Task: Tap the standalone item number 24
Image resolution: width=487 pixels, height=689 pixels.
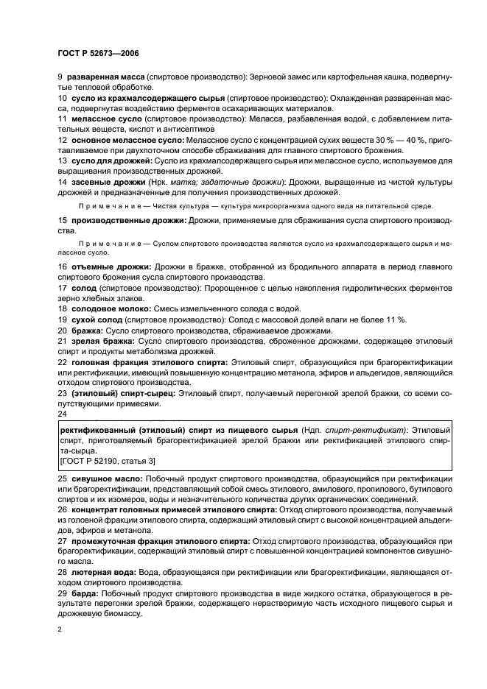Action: (x=62, y=414)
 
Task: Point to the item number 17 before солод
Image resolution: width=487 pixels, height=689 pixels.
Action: (x=62, y=289)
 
